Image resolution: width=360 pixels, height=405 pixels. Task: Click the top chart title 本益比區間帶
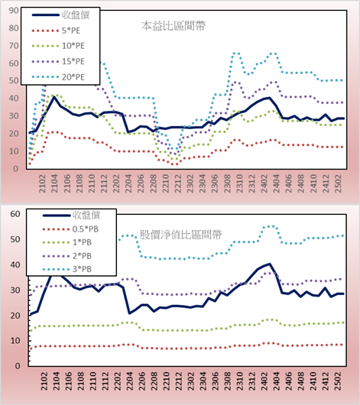[x=174, y=26]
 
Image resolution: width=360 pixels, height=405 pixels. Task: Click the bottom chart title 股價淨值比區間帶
[x=180, y=235]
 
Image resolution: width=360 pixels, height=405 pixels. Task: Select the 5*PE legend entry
[x=71, y=31]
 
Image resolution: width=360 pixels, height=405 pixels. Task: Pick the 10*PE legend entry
[x=73, y=46]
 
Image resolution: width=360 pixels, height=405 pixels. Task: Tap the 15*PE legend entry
[x=73, y=61]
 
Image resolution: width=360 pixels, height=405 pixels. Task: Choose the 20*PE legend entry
[x=73, y=77]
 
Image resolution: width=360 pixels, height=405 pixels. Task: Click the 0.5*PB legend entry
[x=86, y=229]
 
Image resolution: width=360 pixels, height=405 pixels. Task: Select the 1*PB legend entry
[x=83, y=242]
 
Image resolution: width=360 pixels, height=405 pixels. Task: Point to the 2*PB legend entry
[x=83, y=256]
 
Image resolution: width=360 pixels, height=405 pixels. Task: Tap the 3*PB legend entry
[x=83, y=269]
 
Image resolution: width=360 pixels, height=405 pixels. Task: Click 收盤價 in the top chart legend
[x=76, y=15]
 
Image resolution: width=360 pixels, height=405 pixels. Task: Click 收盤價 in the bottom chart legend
[x=86, y=215]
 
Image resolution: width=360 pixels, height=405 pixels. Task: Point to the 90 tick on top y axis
[x=14, y=11]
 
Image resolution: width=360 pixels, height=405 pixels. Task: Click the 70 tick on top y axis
[x=14, y=46]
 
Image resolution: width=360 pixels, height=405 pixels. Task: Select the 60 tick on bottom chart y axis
[x=15, y=214]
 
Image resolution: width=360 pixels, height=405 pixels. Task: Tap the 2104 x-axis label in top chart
[x=54, y=183]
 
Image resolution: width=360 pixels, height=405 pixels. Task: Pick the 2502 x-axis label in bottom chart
[x=339, y=381]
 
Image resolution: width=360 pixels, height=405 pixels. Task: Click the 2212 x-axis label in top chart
[x=178, y=183]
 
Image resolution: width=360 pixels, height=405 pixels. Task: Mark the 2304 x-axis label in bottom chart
[x=203, y=381]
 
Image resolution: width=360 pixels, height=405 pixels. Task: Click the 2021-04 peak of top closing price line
[x=54, y=97]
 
